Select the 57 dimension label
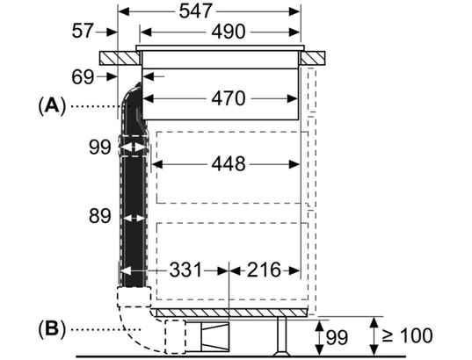coord(82,32)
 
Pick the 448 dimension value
coord(227,164)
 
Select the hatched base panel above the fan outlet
coord(233,313)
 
